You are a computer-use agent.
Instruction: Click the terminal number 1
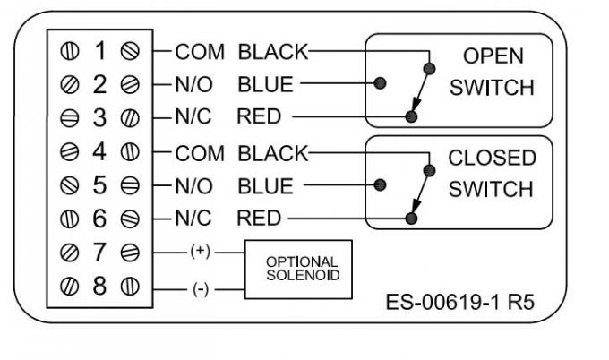coord(99,52)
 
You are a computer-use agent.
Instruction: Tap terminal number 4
coord(99,153)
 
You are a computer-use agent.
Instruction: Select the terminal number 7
coord(99,253)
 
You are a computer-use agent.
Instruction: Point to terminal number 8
coord(99,287)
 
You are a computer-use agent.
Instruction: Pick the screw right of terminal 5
coord(130,186)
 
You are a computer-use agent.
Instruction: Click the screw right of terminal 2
coord(130,85)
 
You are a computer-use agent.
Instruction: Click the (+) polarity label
coord(199,253)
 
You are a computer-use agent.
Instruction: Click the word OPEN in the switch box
coord(493,56)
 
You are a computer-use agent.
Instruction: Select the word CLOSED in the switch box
coord(492,158)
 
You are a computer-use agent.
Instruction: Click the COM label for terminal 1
coord(201,51)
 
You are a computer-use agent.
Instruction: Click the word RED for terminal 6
coord(259,219)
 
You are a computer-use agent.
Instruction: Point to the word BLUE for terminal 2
coord(265,85)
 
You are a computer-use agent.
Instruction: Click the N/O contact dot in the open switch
coord(380,83)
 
